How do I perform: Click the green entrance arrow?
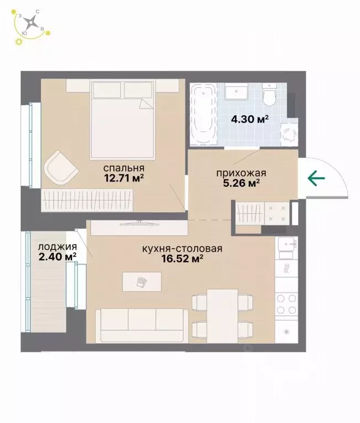pos(316,178)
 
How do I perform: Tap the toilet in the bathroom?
pos(269,94)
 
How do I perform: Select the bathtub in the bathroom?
pos(204,114)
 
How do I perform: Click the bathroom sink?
pos(236,91)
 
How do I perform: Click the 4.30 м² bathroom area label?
pos(250,119)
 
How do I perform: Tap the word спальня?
pos(124,168)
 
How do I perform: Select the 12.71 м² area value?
pos(124,178)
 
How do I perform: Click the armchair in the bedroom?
pos(61,168)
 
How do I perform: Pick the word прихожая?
pos(241,173)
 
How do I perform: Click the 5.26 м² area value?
pos(241,183)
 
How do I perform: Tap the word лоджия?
pos(57,247)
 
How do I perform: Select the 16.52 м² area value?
pos(182,259)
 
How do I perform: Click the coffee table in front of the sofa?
pos(142,282)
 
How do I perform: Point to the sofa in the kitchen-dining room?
pos(142,326)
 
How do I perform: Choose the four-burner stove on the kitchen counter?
pos(287,304)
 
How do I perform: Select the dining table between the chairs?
pos(223,316)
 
